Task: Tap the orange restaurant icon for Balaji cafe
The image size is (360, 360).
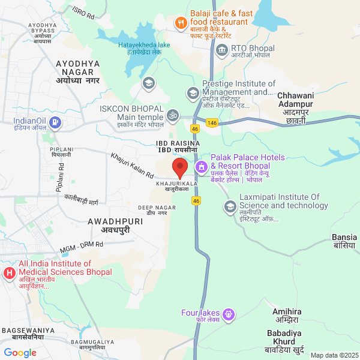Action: (179, 23)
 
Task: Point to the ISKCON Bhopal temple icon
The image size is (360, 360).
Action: (173, 114)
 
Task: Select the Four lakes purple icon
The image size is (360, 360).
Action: (228, 314)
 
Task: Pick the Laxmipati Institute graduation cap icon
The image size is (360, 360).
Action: (229, 207)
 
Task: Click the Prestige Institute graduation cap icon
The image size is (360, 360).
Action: (192, 92)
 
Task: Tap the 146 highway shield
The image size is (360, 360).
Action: (212, 122)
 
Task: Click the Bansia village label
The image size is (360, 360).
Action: (344, 241)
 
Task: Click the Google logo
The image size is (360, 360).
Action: (20, 353)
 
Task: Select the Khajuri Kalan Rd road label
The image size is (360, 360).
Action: (132, 164)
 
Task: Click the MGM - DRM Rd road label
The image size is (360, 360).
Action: (82, 247)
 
